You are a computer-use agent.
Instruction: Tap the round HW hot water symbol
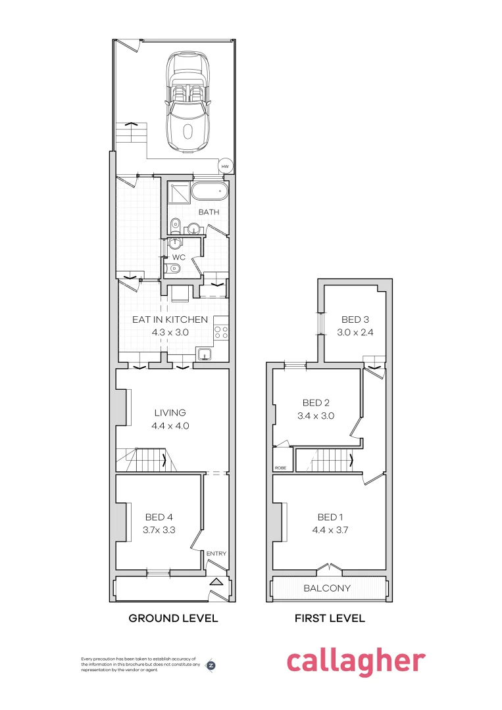[226, 166]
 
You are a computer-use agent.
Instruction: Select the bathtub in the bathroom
[210, 192]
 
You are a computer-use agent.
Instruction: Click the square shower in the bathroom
[178, 191]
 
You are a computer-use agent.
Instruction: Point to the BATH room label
[209, 212]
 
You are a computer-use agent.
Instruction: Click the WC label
[179, 257]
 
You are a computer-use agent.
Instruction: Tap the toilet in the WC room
[174, 268]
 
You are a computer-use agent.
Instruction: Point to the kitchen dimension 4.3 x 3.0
[170, 333]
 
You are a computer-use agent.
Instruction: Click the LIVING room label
[170, 413]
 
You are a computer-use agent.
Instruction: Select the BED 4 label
[158, 517]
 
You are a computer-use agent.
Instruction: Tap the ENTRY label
[216, 554]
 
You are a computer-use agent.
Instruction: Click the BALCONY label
[327, 588]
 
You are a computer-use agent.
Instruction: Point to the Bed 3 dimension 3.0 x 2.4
[356, 333]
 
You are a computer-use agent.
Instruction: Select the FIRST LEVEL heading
[330, 619]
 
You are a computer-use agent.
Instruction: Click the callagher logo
[356, 661]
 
